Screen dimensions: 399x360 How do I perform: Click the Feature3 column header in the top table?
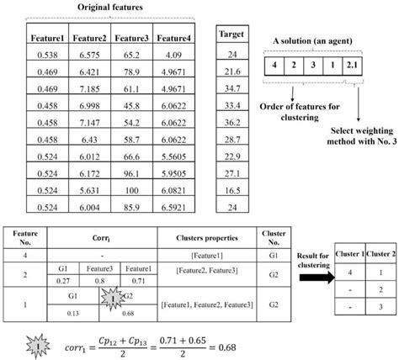pos(131,39)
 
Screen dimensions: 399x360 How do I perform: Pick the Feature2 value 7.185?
pos(89,87)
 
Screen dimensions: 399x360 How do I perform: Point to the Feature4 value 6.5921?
pos(174,209)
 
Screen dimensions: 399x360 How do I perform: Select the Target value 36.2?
pos(231,122)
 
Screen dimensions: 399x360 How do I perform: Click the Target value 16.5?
pos(231,191)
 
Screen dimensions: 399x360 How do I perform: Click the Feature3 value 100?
pos(131,191)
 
